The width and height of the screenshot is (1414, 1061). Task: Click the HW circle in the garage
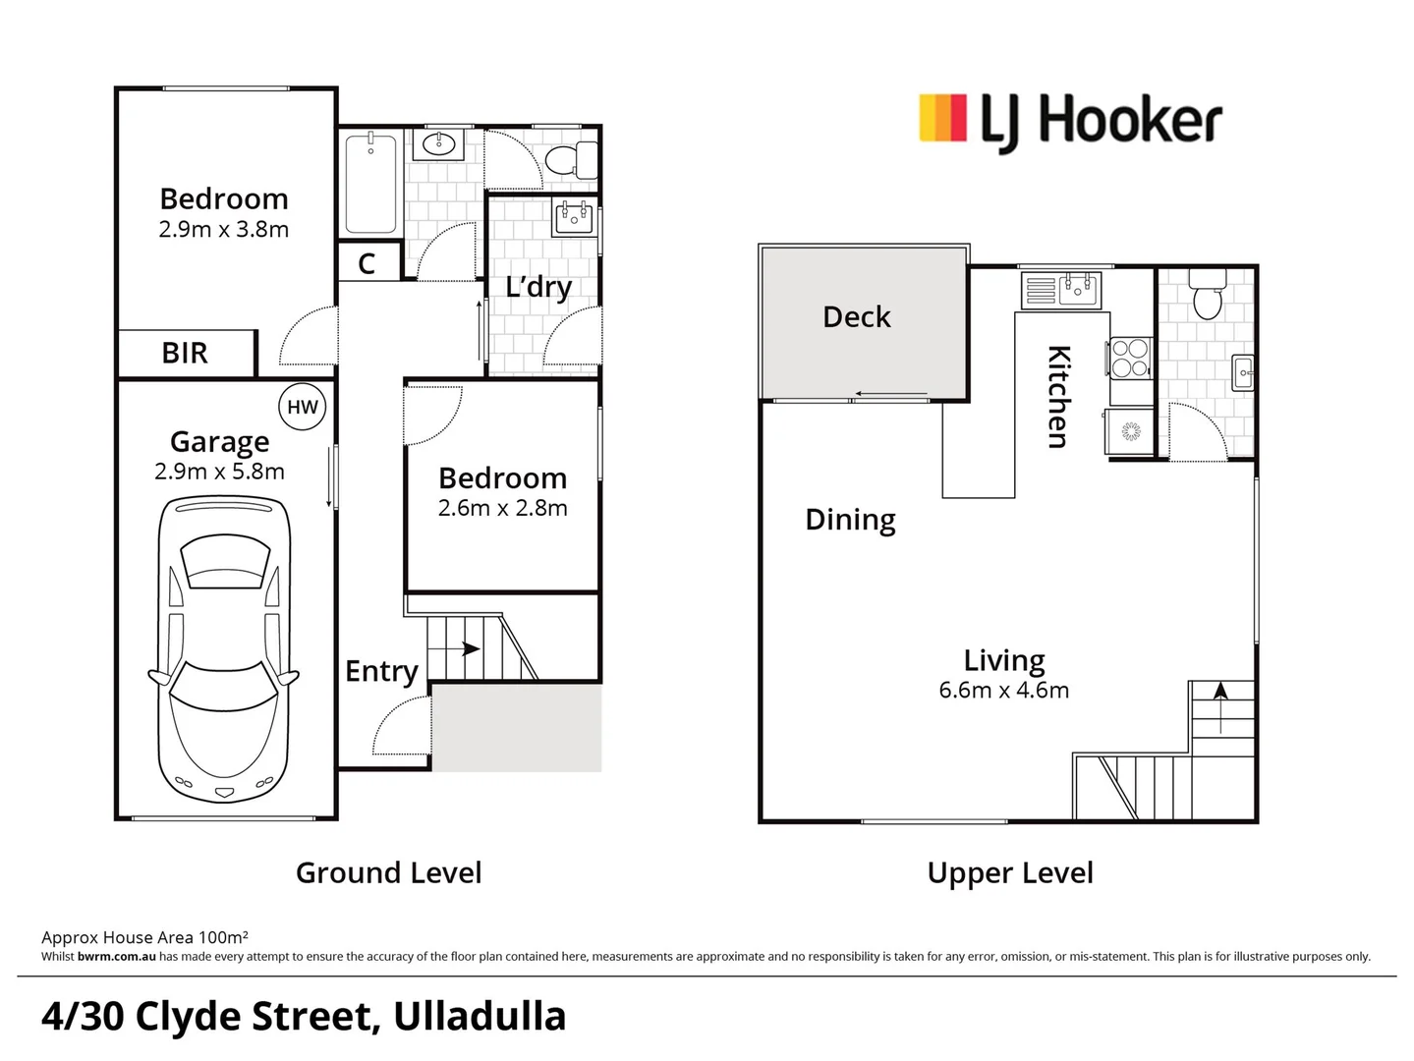tap(302, 407)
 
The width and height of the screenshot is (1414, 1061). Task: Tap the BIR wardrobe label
tap(185, 353)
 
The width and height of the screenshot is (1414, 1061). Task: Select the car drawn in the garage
tap(223, 649)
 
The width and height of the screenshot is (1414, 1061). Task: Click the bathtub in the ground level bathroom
tap(370, 183)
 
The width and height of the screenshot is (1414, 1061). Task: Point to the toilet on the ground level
tap(570, 159)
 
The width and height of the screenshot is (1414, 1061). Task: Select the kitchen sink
tap(1078, 290)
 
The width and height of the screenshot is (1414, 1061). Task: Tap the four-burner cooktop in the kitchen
tap(1130, 358)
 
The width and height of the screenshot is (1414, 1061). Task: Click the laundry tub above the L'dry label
tap(574, 217)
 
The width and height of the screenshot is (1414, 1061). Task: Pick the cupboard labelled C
tap(368, 263)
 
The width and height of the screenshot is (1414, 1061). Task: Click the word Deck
tap(856, 317)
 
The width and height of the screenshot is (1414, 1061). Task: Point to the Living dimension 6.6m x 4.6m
tap(1003, 691)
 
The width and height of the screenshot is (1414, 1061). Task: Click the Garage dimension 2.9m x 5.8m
tap(219, 472)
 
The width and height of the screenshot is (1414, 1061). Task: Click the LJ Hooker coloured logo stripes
tap(942, 118)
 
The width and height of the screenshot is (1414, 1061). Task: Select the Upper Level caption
tap(1009, 872)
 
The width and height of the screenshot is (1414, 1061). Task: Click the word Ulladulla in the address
tap(480, 1017)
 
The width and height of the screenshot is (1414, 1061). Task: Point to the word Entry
tap(381, 671)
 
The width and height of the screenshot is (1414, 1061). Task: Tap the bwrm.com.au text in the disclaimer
tap(116, 957)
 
